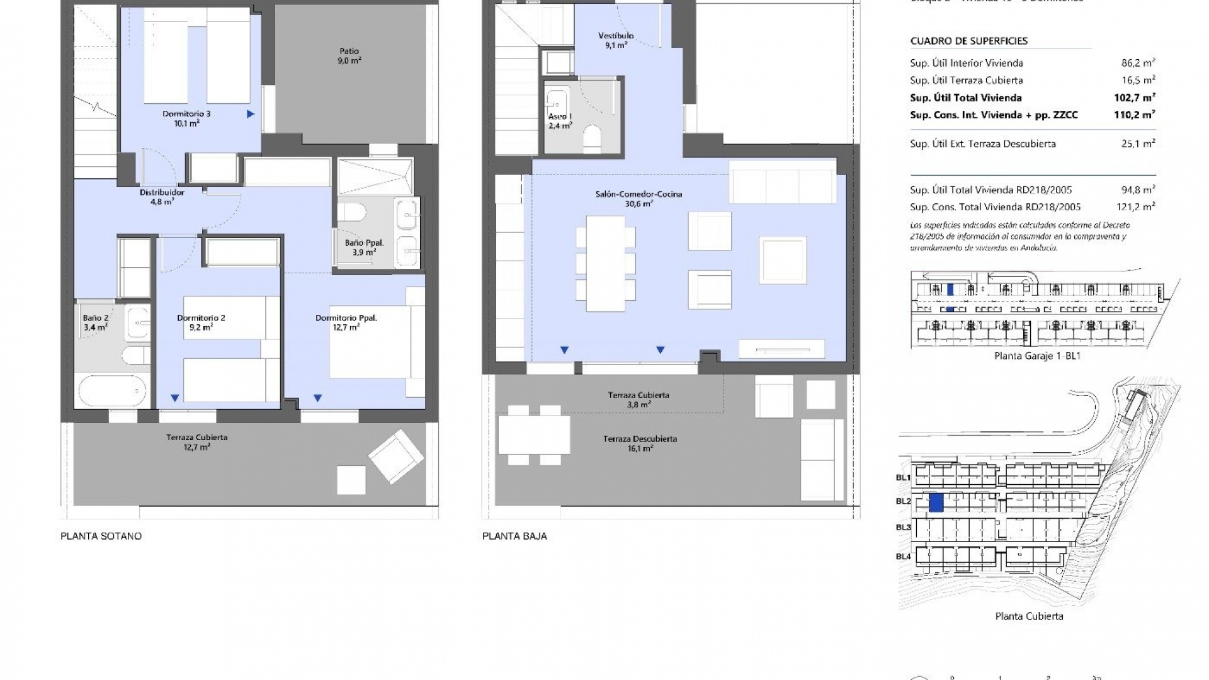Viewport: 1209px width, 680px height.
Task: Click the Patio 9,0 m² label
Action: tap(349, 56)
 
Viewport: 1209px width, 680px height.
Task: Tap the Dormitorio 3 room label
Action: tap(186, 118)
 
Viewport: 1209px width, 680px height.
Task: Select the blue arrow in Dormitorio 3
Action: tap(251, 114)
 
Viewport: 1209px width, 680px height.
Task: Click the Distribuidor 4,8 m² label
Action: tap(162, 197)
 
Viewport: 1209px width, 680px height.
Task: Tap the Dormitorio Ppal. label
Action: tap(346, 322)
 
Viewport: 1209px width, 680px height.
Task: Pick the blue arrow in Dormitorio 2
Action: tap(175, 398)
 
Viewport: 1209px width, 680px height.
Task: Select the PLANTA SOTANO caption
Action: tap(101, 536)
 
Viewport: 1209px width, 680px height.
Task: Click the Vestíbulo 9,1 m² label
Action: tap(616, 40)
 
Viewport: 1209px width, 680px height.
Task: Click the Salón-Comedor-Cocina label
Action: tap(639, 198)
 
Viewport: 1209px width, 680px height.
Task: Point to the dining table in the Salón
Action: tap(605, 263)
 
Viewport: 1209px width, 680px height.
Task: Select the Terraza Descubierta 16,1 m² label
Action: tap(640, 443)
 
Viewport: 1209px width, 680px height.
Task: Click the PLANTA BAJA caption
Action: tap(514, 536)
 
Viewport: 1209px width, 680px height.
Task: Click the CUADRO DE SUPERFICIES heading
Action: tap(968, 41)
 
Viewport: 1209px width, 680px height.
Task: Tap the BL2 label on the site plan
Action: tap(904, 501)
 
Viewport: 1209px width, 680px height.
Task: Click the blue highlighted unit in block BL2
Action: tap(936, 502)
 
